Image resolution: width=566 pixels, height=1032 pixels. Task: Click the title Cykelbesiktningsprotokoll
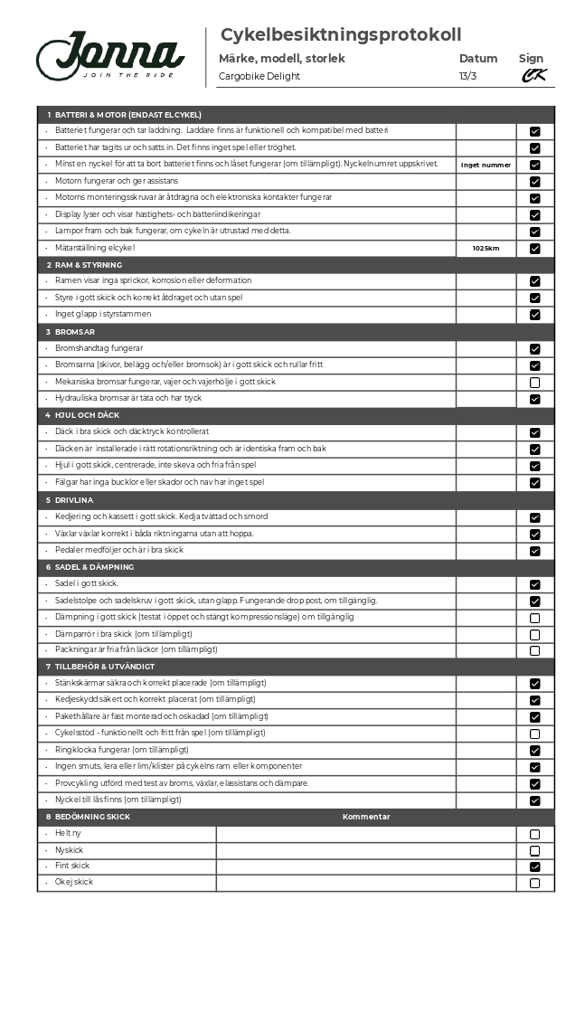(x=341, y=35)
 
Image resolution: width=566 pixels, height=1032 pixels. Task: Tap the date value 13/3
(x=467, y=76)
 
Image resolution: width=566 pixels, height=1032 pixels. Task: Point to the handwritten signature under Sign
(x=533, y=76)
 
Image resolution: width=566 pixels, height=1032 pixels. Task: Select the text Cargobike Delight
(x=259, y=76)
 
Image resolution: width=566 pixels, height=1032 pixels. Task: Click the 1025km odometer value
(x=486, y=248)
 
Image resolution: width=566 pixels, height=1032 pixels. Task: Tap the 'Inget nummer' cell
(x=486, y=165)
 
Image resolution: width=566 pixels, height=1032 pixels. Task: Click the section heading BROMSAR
(x=73, y=332)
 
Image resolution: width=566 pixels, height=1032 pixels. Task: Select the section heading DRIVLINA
(x=74, y=499)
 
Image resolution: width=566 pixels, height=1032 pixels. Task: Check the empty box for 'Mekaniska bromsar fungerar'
(x=534, y=383)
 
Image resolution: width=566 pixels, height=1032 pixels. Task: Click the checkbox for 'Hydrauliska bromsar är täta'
(x=534, y=399)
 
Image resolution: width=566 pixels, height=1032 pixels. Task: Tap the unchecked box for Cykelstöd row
(x=534, y=734)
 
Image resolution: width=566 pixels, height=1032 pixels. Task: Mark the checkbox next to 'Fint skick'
(x=534, y=866)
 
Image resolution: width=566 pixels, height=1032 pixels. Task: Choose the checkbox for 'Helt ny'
(x=534, y=834)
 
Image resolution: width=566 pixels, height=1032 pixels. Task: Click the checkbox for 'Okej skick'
(x=534, y=883)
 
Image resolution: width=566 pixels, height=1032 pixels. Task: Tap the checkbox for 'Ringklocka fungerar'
(x=534, y=750)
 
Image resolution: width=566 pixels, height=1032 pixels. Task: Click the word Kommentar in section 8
(x=366, y=817)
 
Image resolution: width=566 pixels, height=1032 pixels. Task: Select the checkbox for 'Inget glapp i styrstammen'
(x=534, y=315)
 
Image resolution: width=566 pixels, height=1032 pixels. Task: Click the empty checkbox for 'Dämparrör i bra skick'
(x=534, y=634)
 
